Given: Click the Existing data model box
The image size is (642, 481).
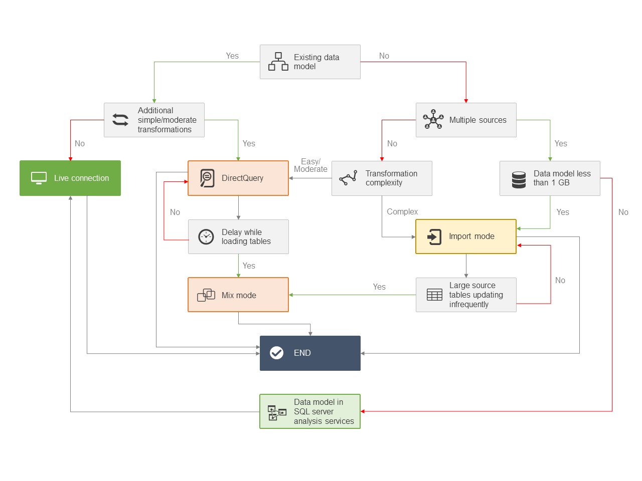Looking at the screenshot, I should [x=310, y=62].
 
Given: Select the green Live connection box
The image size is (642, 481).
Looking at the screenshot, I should [x=70, y=178].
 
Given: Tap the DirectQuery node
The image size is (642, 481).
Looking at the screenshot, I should [x=238, y=178].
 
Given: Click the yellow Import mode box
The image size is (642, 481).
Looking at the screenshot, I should [x=465, y=236].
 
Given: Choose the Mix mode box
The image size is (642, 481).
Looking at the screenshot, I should [x=238, y=295].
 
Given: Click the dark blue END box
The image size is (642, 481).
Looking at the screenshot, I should [x=310, y=353].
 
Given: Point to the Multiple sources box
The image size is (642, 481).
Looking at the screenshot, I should [x=466, y=120].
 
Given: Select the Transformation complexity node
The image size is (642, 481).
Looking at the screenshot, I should [x=382, y=178].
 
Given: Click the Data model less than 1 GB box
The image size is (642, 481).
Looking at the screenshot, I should [x=550, y=178].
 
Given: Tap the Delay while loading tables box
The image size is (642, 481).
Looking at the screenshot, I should [x=238, y=236].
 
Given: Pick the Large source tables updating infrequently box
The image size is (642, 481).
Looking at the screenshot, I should [x=466, y=295].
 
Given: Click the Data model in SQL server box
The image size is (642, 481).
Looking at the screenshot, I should [x=310, y=411].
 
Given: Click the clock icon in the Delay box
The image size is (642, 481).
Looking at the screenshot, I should [x=206, y=236].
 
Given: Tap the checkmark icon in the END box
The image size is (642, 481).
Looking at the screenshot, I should [x=276, y=353].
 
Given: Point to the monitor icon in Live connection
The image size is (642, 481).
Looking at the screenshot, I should [x=39, y=178].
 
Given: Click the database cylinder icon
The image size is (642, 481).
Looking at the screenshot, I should [x=519, y=179].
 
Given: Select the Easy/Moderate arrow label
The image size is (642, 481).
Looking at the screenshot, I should [x=310, y=165].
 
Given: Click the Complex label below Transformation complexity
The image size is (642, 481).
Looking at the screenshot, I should [x=402, y=212].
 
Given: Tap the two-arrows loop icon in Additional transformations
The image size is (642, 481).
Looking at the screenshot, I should [x=120, y=120].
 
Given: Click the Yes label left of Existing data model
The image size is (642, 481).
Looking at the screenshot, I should [x=232, y=56].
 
